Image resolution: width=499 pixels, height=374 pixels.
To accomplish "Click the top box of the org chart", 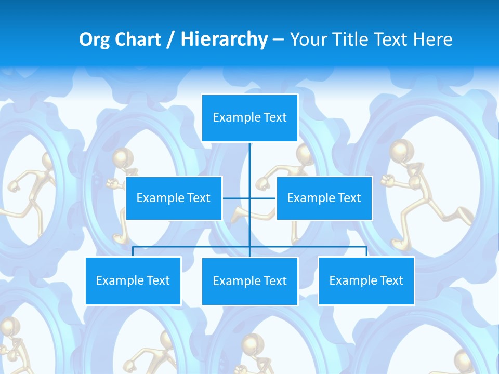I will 249,118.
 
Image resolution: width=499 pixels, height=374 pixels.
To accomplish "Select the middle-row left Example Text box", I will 174,198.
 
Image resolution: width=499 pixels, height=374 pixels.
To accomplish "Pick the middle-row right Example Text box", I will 324,198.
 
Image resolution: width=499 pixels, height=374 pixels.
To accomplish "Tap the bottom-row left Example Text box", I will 133,280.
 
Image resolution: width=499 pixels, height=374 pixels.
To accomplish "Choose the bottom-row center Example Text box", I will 249,281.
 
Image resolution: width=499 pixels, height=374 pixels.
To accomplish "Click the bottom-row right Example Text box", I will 366,280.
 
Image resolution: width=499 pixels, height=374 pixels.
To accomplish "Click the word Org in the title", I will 94,39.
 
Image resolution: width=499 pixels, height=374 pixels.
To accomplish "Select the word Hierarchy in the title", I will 224,39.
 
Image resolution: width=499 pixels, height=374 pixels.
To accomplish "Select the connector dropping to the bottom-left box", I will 133,251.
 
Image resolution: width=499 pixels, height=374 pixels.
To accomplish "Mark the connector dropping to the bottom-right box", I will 366,251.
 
